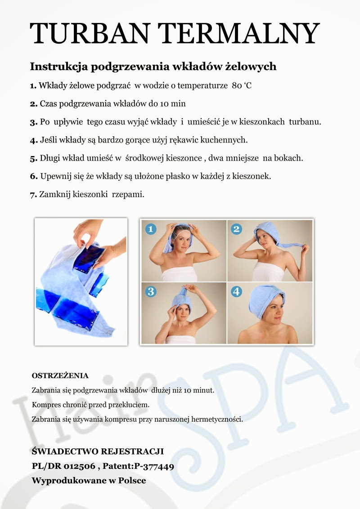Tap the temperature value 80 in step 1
click(237, 85)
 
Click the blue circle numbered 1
click(150, 229)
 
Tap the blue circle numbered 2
click(236, 229)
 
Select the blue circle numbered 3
click(150, 291)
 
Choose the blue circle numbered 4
click(236, 291)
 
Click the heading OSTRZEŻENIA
click(60, 375)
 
